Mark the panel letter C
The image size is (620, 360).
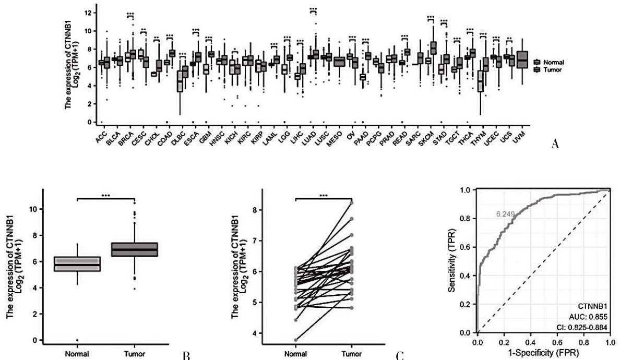(x=400, y=356)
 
